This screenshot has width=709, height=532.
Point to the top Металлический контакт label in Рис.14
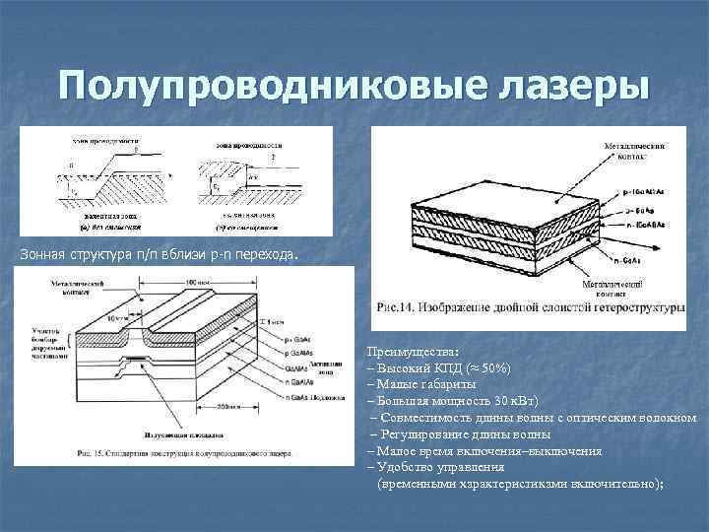point(637,152)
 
